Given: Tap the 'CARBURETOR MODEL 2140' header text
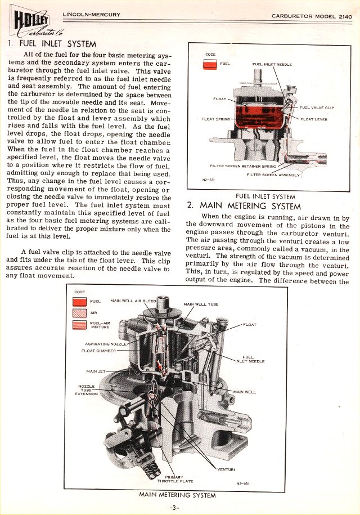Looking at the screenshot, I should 312,16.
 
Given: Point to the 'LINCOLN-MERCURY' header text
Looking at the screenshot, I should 91,15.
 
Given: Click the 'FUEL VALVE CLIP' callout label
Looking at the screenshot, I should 317,108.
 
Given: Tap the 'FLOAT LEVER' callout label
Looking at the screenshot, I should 314,119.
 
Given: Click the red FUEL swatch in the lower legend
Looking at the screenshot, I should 78,302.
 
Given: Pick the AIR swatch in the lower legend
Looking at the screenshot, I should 78,313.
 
